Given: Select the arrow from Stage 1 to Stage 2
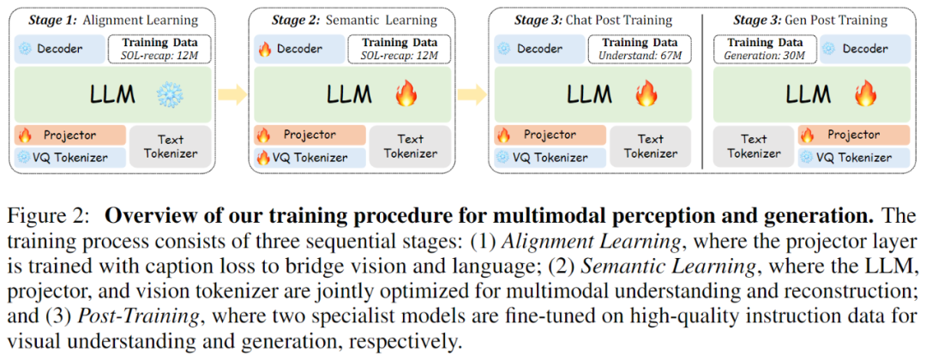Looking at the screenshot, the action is click(x=232, y=94).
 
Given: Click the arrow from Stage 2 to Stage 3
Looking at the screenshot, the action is click(x=472, y=94).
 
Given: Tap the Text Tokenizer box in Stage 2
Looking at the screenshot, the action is click(x=411, y=147).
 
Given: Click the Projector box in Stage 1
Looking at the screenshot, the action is click(x=70, y=135).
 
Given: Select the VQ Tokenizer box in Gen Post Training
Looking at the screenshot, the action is click(x=855, y=157).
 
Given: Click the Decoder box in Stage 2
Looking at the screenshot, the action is click(x=299, y=49).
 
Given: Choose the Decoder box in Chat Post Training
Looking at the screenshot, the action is click(x=539, y=49).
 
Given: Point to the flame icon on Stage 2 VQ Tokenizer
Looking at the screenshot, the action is click(x=262, y=158).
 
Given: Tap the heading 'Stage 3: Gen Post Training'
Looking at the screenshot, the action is click(x=809, y=21).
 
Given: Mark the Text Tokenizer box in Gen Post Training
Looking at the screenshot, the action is click(x=755, y=147).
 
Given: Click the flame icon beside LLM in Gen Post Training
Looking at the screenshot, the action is click(x=865, y=94).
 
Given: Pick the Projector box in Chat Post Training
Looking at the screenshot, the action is click(x=550, y=135).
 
